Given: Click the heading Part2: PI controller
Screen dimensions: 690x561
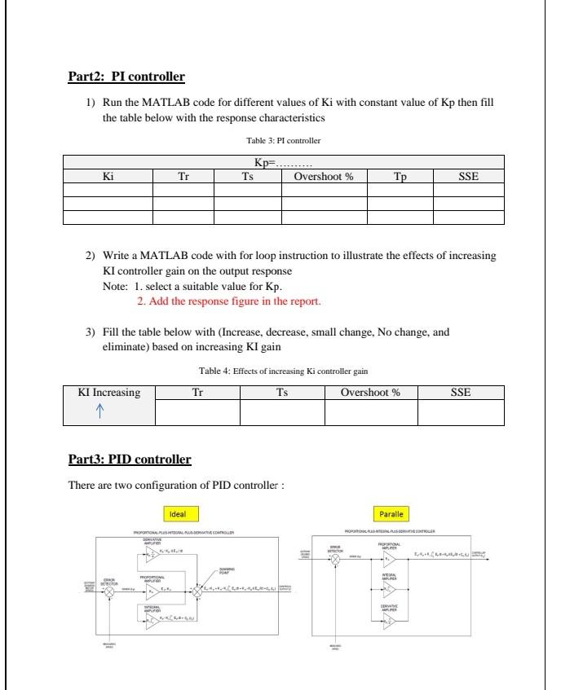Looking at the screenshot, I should click(126, 77).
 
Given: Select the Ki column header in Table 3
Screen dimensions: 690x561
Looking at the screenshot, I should click(108, 176).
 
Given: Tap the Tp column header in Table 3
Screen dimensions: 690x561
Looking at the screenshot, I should click(399, 176).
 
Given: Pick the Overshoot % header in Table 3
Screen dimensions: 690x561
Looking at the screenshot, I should click(324, 176).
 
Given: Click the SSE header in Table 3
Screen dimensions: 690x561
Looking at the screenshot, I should click(468, 176).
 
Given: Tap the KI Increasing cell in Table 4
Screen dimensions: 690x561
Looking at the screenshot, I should click(108, 393).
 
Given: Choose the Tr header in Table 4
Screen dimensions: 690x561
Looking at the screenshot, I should click(197, 393).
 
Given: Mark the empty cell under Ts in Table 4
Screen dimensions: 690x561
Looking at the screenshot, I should click(282, 413).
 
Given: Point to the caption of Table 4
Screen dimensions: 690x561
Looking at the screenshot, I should click(283, 371).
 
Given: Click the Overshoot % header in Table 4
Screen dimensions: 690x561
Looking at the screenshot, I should click(370, 393).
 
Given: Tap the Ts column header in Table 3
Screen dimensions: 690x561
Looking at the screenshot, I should click(247, 176).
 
